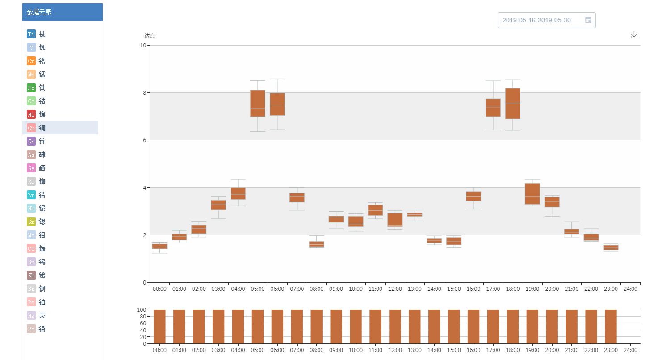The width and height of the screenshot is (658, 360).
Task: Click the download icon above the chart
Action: click(x=633, y=35)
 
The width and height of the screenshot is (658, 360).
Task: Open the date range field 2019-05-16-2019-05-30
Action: click(x=546, y=20)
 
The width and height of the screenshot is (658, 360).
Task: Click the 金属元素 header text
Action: click(x=39, y=13)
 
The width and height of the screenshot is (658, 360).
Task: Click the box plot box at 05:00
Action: click(x=258, y=103)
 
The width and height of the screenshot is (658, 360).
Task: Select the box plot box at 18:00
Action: click(x=513, y=104)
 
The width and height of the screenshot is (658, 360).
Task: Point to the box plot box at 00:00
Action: click(x=159, y=246)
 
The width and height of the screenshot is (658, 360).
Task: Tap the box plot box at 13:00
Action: click(x=415, y=214)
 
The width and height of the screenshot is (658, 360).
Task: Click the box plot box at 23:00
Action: click(x=611, y=247)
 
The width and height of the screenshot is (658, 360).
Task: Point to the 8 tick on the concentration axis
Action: click(x=144, y=93)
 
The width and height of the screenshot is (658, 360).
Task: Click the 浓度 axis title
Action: click(x=150, y=36)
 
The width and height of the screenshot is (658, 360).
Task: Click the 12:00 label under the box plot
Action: click(x=395, y=289)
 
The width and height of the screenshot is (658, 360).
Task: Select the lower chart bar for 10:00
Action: click(x=356, y=327)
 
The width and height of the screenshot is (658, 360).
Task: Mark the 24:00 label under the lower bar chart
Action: click(x=630, y=350)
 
